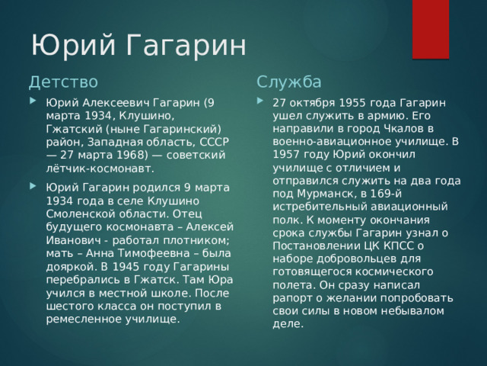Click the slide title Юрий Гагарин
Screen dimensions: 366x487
[x=138, y=45]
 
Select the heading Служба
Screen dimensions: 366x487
[x=289, y=82]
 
